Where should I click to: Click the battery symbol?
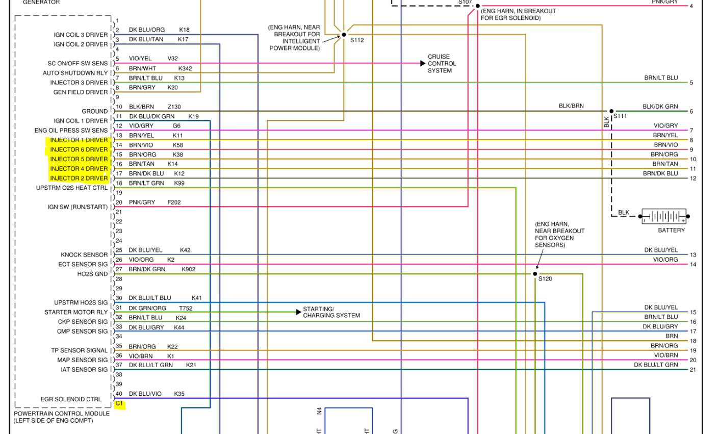coord(663,216)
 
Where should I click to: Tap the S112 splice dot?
coord(344,35)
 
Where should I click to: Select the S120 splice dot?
coord(535,274)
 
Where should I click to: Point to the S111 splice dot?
coord(611,111)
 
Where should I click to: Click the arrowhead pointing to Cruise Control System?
coord(423,63)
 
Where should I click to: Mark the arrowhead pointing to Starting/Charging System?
coord(298,312)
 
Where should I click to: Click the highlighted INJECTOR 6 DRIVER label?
coord(79,149)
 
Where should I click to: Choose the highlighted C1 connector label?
coord(119,403)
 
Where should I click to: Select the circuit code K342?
coord(185,68)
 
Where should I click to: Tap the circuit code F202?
coord(174,202)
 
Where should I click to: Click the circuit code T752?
coord(186,308)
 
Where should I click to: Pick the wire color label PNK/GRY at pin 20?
coord(142,202)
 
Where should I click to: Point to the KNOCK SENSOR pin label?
coord(84,254)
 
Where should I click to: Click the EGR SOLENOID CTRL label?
coord(71,399)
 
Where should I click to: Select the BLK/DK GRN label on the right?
coord(660,107)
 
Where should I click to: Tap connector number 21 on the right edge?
coord(692,370)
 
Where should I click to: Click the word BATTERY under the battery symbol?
coord(671,231)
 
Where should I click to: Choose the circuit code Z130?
coord(174,107)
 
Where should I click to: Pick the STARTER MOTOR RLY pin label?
coord(76,312)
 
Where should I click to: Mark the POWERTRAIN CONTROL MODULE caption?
coord(62,414)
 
